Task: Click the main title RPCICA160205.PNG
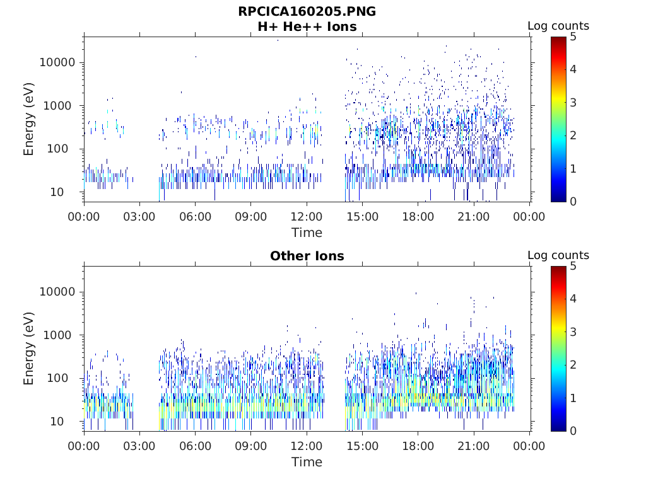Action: coord(307,11)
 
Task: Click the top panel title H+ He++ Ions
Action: coord(307,26)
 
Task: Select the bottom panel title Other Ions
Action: coord(307,256)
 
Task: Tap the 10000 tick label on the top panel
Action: coord(57,62)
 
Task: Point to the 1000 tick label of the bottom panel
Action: coord(60,335)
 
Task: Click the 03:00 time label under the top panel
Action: coord(139,217)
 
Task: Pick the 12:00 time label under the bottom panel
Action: coord(307,446)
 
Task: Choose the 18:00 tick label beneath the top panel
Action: coord(418,217)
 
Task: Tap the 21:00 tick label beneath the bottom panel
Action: coord(473,446)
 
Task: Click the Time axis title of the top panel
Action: coord(307,233)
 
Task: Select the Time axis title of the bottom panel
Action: coord(307,462)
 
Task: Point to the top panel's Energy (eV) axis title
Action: coord(28,119)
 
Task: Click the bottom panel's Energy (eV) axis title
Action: coord(28,349)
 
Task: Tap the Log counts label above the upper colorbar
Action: coord(558,26)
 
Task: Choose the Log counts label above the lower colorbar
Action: coord(558,255)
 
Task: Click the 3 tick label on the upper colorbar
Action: coord(573,103)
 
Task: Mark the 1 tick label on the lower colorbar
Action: coord(573,398)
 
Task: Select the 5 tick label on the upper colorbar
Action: coord(573,37)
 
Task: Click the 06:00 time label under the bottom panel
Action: coord(196,446)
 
